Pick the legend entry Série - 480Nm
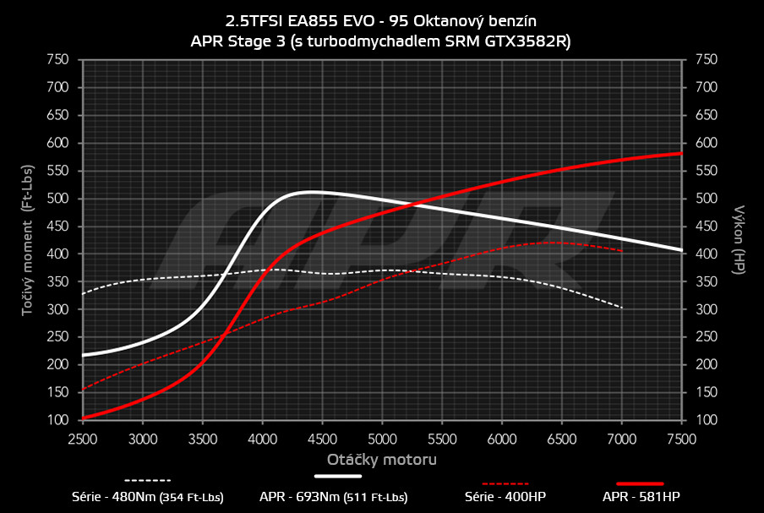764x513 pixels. (147, 497)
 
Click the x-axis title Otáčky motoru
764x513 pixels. (382, 460)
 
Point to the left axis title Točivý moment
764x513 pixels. (28, 240)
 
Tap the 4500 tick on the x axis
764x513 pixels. (322, 439)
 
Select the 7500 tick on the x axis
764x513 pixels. (681, 439)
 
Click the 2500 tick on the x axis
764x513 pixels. (83, 439)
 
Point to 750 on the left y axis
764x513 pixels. (57, 59)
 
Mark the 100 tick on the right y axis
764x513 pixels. (706, 420)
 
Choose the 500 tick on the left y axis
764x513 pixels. (57, 199)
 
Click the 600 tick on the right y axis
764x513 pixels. (706, 143)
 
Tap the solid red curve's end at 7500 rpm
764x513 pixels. (681, 153)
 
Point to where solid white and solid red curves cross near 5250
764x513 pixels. (410, 205)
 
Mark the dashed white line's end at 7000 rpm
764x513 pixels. (622, 308)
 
